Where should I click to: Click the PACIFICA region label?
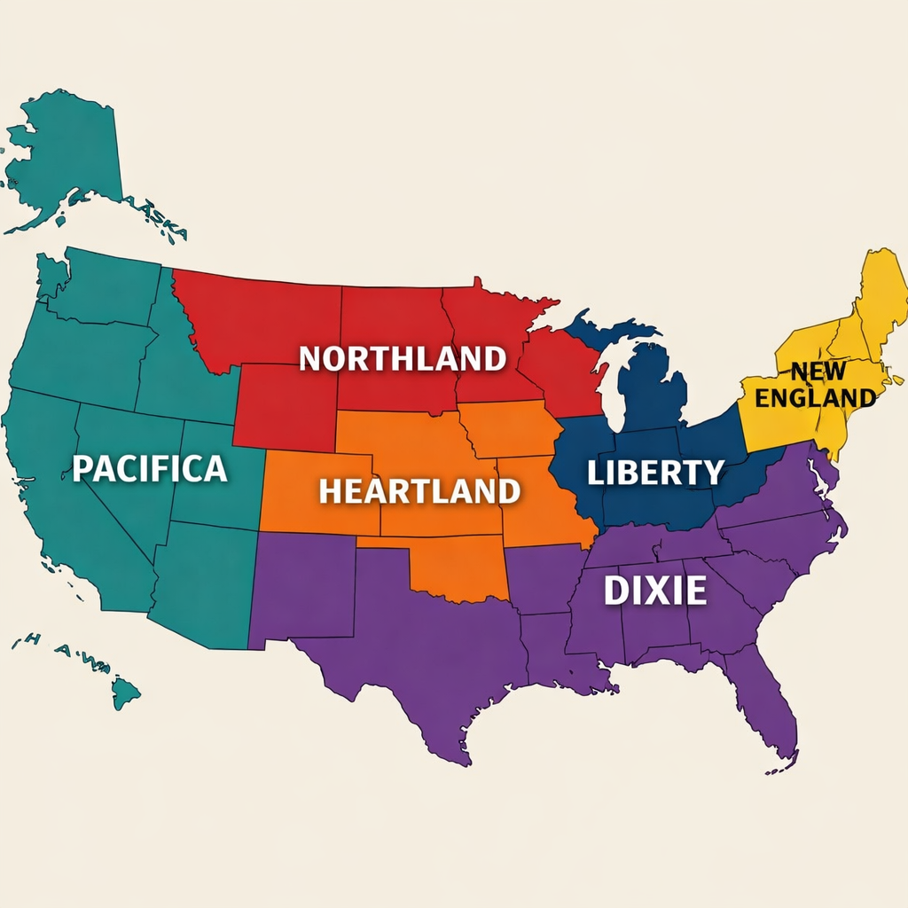[x=149, y=468]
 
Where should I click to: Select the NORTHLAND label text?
[x=402, y=358]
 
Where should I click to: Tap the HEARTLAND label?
[x=419, y=490]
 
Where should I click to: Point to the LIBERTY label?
[x=655, y=473]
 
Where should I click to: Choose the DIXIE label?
[x=655, y=591]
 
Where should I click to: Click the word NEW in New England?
[x=818, y=371]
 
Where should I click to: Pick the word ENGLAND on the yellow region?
[x=815, y=397]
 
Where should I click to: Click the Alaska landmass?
[x=67, y=151]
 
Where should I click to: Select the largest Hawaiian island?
[x=125, y=691]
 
